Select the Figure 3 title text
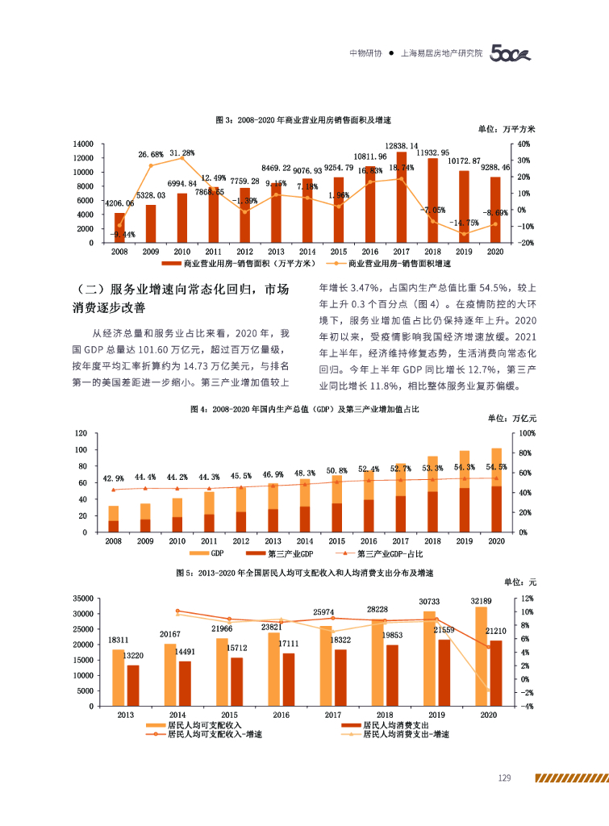click(x=303, y=119)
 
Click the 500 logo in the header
click(x=511, y=55)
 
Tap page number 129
click(x=505, y=778)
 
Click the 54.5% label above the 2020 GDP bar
click(x=496, y=467)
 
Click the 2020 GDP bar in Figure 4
click(x=496, y=490)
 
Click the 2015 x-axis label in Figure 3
click(x=339, y=252)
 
